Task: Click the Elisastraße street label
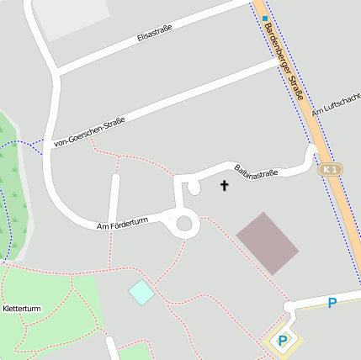coord(154,34)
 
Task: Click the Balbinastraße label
coord(256,173)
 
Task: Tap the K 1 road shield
coord(331,170)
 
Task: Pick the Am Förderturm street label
coord(122,223)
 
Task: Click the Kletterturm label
coord(23,309)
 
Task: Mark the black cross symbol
coord(225,185)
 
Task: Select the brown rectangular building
coord(268,243)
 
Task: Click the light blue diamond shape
coord(141,293)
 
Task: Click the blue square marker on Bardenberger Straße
coord(264,18)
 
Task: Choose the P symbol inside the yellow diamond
coord(283,341)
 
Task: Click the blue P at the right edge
coord(332,303)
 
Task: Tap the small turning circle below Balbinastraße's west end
coord(194,188)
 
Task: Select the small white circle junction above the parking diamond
coord(289,307)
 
